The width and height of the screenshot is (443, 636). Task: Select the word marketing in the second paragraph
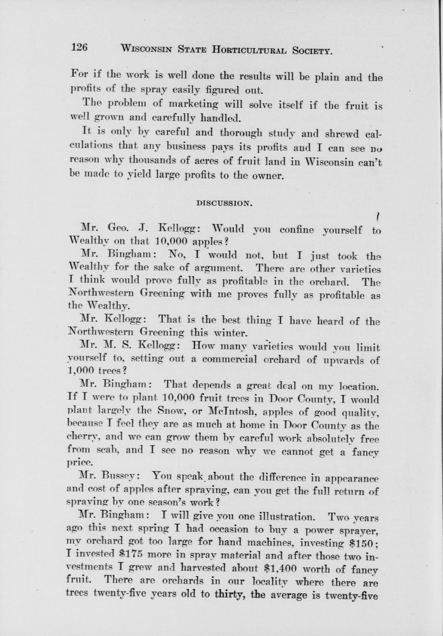coord(192,105)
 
